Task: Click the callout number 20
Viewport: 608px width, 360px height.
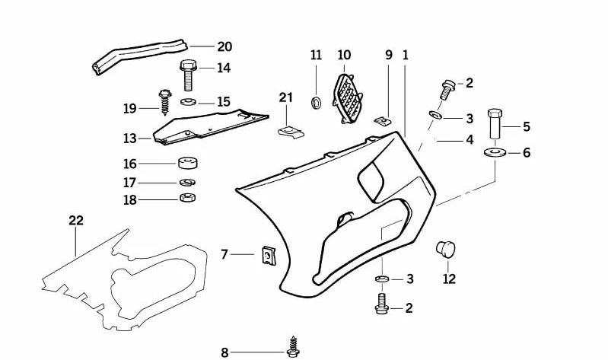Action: (x=224, y=46)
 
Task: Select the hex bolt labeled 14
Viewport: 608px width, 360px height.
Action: (x=189, y=75)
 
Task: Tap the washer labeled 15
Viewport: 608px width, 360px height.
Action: (x=189, y=102)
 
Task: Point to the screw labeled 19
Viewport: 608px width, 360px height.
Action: (x=165, y=102)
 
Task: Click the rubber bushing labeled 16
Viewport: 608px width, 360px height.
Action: (x=188, y=163)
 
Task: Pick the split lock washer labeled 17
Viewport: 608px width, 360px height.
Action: (x=188, y=182)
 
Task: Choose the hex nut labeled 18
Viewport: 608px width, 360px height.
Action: (x=188, y=197)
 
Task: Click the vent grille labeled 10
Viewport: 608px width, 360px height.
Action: (x=348, y=99)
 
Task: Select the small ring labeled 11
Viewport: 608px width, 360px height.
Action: (x=317, y=103)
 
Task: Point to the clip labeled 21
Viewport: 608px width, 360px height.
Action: (x=291, y=132)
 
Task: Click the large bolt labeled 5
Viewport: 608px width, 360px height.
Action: (x=495, y=123)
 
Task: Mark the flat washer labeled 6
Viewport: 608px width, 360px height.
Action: (x=495, y=152)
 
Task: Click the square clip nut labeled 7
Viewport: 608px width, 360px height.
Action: (x=269, y=256)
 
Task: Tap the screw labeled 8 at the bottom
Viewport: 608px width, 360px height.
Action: (x=293, y=347)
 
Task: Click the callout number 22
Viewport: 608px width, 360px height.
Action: (x=76, y=221)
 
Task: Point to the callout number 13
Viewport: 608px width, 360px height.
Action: (x=130, y=138)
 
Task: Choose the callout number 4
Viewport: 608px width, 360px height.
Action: (x=470, y=139)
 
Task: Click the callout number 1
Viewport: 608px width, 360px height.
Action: (x=405, y=55)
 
